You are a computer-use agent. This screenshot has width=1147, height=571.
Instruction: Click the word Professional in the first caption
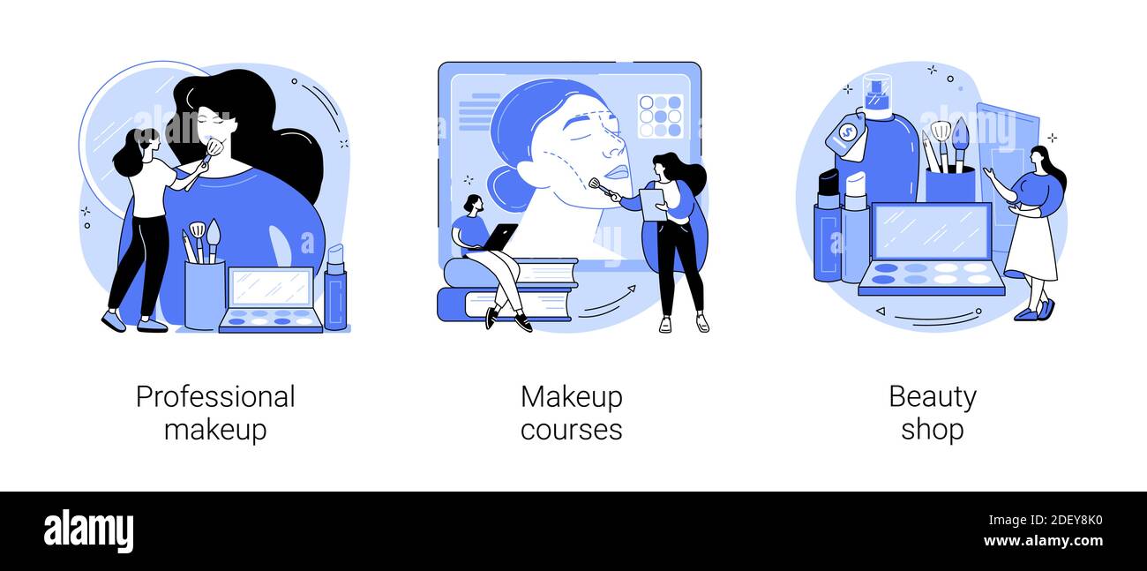click(215, 398)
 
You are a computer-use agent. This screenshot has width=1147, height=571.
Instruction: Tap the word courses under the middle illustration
click(572, 430)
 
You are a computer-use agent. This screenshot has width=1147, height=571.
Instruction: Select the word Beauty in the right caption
click(933, 398)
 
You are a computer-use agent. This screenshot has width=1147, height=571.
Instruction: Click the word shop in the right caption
click(933, 430)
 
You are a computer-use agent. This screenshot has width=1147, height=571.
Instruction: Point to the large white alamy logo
click(88, 531)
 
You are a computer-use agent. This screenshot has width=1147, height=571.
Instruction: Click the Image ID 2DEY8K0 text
click(1046, 521)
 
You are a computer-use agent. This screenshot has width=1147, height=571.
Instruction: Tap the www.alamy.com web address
click(1043, 541)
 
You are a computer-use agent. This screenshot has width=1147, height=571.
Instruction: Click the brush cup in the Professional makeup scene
click(205, 295)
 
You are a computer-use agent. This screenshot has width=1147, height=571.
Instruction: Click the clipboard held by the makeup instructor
click(652, 205)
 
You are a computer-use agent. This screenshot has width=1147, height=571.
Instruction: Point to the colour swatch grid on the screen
click(661, 116)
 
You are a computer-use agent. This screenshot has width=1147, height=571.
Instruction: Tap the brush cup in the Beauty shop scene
click(950, 184)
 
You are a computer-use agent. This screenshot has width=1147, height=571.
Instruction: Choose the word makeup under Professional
click(215, 430)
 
